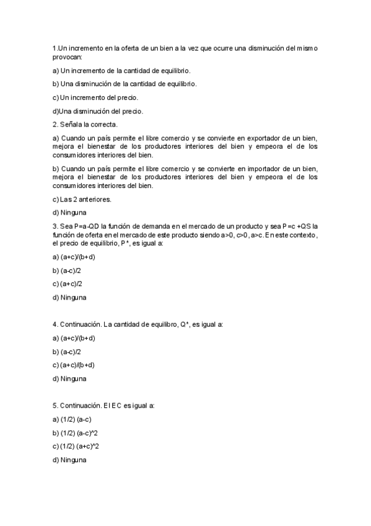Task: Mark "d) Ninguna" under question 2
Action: [69, 213]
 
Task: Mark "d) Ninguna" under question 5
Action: [69, 460]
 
